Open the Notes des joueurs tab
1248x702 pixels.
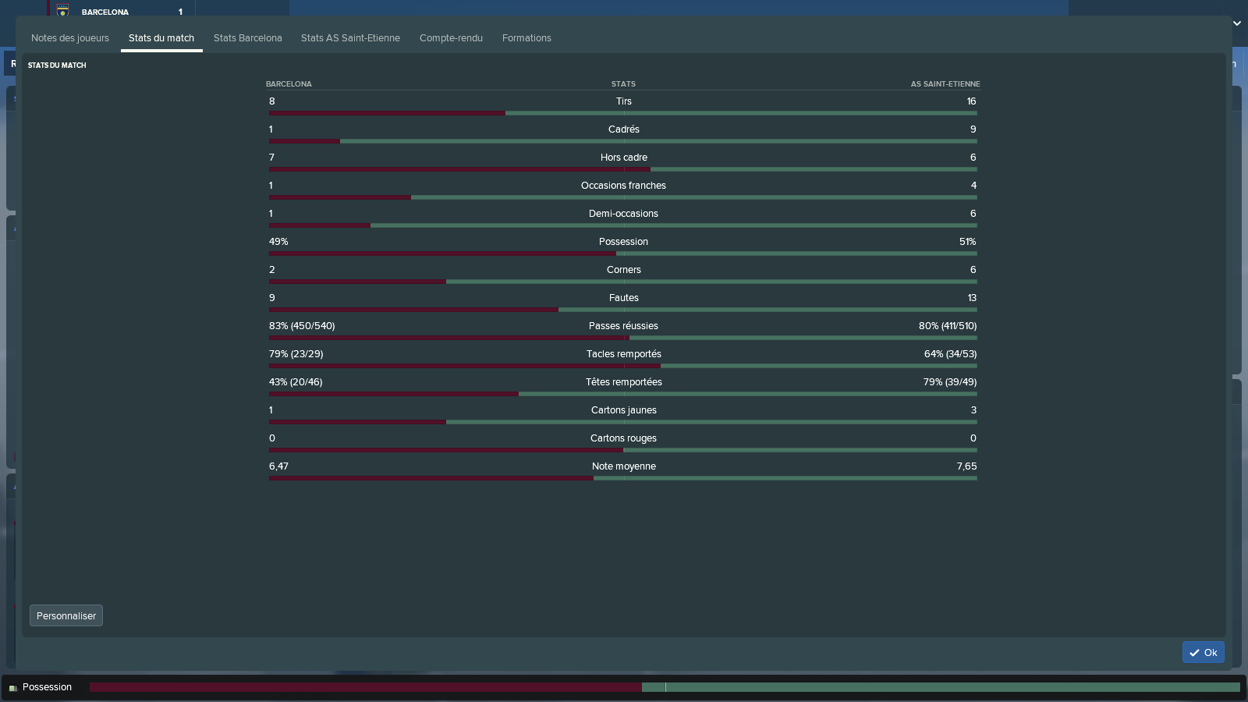70,38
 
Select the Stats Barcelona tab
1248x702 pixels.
247,38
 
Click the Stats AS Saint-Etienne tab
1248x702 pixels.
350,38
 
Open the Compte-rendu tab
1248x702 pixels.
451,38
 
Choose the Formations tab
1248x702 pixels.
526,38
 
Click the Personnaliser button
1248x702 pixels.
66,615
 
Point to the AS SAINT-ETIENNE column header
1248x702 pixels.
945,84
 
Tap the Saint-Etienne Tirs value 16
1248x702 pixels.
971,101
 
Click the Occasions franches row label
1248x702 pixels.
623,186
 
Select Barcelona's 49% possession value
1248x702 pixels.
278,242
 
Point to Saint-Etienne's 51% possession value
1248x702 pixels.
967,242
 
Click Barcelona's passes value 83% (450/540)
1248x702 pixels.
302,326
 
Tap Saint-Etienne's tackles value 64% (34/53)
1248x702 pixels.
950,354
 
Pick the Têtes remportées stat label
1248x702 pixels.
623,382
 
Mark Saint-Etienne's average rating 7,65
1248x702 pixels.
966,466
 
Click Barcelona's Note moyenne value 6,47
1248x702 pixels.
278,466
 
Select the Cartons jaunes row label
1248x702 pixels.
623,410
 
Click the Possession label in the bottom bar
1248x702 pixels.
47,687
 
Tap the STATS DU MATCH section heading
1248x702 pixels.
57,66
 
